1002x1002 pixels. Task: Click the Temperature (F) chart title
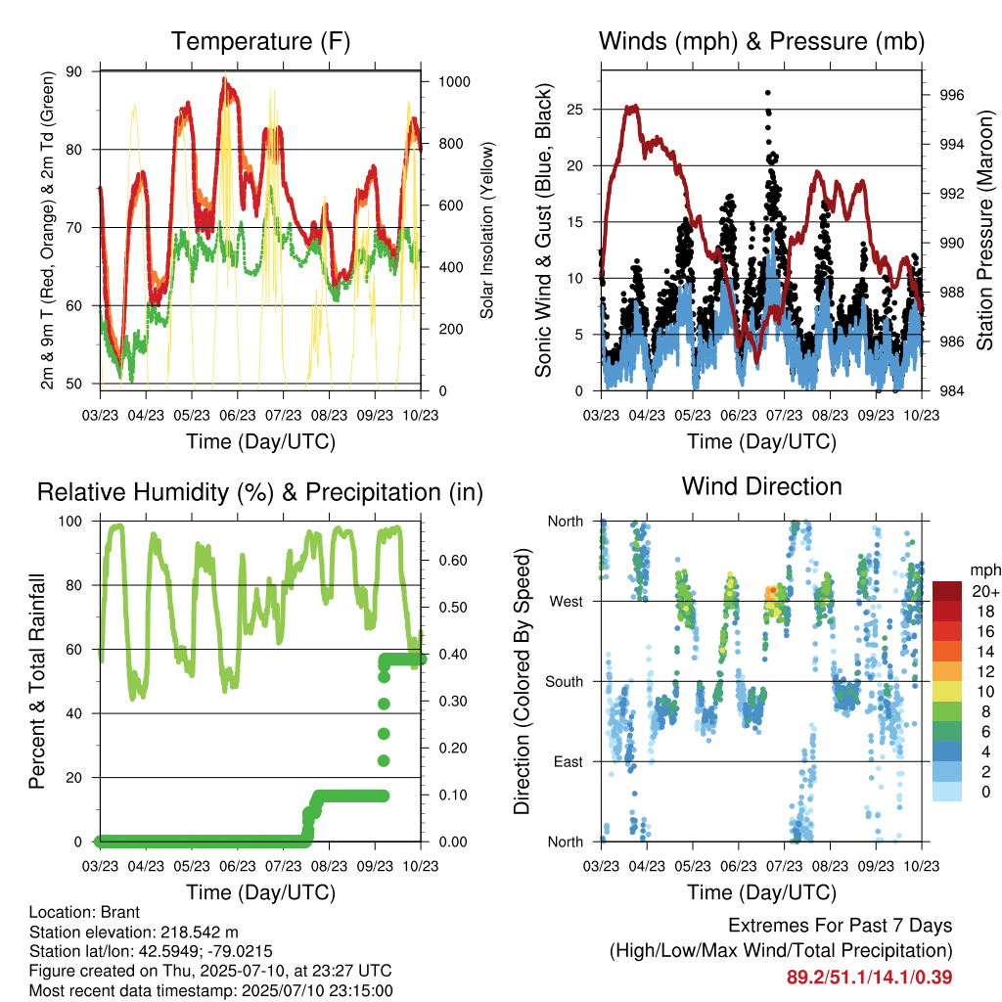[x=260, y=41]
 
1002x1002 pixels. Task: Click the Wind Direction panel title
[x=761, y=486]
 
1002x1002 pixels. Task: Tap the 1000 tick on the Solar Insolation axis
[x=454, y=82]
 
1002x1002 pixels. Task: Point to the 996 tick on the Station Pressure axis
[x=951, y=95]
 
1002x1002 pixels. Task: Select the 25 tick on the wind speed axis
[x=574, y=110]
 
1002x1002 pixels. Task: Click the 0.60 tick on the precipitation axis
[x=453, y=561]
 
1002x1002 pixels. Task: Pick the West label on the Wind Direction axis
[x=567, y=602]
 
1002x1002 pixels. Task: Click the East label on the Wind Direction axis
[x=569, y=761]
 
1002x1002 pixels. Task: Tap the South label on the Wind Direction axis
[x=565, y=682]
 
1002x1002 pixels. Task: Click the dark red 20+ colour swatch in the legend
[x=947, y=591]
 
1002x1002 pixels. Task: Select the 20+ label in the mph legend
[x=985, y=592]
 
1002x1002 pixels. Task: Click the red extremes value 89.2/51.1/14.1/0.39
[x=869, y=978]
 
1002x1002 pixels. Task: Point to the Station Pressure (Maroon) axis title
[x=984, y=230]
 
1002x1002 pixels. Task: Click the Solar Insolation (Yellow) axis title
[x=487, y=230]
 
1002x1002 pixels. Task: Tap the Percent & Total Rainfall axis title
[x=37, y=681]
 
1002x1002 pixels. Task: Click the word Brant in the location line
[x=120, y=912]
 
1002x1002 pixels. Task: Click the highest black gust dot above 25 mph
[x=768, y=93]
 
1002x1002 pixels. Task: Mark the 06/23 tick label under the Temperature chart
[x=238, y=415]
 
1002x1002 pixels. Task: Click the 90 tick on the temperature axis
[x=74, y=71]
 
